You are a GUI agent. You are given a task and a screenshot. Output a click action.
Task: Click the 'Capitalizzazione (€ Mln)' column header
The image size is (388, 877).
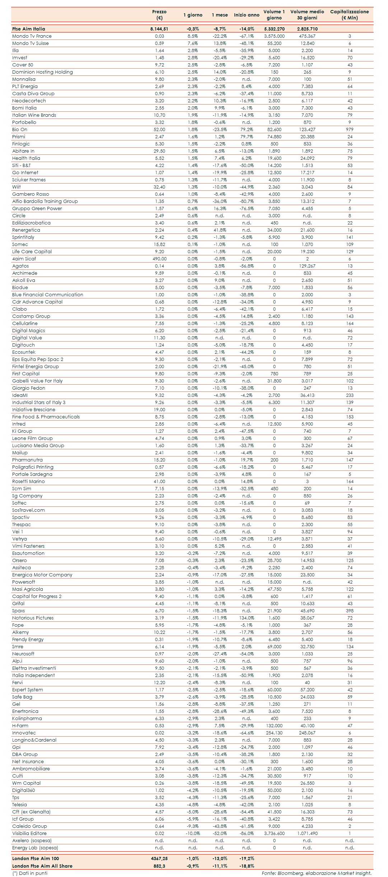click(349, 15)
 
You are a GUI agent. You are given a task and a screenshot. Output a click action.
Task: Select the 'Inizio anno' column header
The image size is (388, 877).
click(247, 15)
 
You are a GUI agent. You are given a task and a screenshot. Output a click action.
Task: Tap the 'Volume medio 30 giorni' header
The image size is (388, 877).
click(307, 15)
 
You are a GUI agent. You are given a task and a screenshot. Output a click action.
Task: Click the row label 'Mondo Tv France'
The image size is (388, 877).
click(32, 36)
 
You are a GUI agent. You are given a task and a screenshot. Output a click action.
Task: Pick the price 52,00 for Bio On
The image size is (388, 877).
click(159, 130)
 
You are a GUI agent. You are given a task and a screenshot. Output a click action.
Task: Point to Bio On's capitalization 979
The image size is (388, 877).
click(350, 130)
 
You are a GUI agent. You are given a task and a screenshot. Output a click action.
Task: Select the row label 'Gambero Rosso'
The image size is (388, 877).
click(31, 194)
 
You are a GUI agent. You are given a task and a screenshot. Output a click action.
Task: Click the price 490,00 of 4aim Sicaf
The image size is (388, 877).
click(159, 259)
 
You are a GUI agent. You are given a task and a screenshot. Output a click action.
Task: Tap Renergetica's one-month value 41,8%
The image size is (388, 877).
click(220, 230)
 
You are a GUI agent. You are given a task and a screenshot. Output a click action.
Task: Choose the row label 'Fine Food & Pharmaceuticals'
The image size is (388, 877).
click(46, 417)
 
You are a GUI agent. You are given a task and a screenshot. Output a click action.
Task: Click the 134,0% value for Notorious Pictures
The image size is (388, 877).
click(247, 618)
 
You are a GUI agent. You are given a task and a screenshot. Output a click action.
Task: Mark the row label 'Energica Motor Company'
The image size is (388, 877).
click(42, 575)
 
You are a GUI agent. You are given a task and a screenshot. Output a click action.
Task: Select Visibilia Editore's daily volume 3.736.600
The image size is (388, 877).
click(274, 834)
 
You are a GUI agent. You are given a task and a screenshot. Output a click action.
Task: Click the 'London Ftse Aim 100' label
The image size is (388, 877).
click(36, 859)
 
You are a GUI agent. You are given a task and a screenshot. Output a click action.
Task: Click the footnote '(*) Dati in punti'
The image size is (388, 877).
click(30, 873)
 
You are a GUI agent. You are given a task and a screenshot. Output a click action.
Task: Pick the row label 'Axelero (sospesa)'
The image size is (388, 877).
click(32, 841)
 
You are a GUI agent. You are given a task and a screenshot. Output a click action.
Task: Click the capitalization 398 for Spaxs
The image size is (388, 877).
click(350, 611)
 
